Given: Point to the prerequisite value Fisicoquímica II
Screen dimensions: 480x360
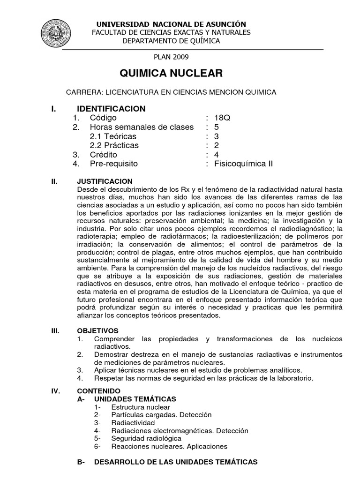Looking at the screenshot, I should [x=243, y=164].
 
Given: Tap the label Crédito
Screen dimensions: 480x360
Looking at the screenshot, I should [x=104, y=154].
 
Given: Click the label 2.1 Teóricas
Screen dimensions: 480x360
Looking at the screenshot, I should [x=113, y=136].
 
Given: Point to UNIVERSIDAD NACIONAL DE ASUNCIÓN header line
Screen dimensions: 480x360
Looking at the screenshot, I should [x=171, y=24].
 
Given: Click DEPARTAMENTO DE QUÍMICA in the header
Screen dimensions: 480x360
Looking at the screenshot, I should [x=171, y=41].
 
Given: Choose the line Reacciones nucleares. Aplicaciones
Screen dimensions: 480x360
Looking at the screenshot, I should [x=169, y=446].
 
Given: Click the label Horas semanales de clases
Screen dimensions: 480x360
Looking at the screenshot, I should [x=142, y=127].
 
